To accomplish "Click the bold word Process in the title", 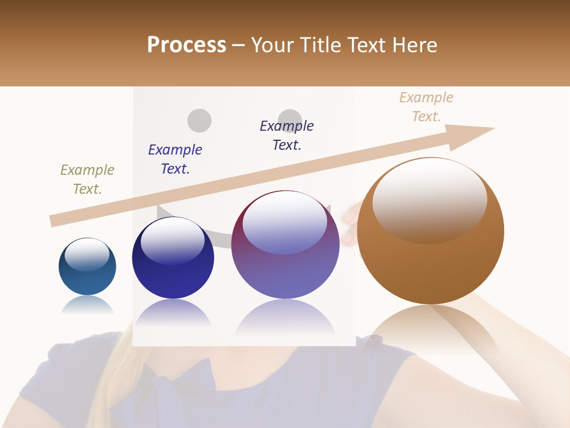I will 186,45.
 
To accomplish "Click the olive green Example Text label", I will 87,180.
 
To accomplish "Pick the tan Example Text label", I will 426,107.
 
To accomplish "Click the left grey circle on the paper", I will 199,120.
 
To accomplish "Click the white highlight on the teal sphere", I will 87,254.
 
